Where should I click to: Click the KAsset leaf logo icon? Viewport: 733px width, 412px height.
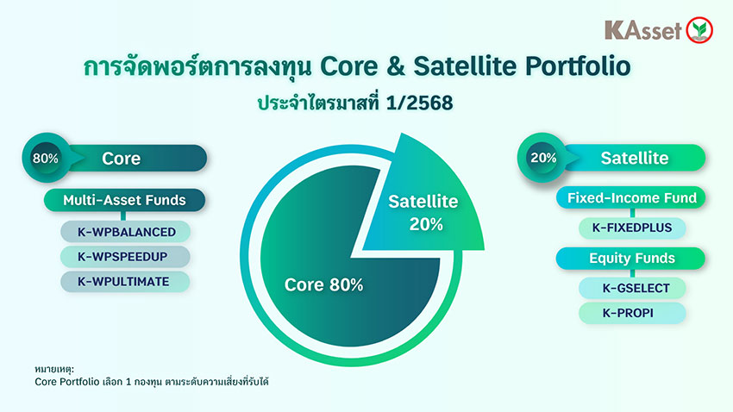(x=699, y=30)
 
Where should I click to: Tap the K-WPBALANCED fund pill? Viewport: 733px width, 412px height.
(x=125, y=232)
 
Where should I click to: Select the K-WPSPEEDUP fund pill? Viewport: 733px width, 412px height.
(x=125, y=257)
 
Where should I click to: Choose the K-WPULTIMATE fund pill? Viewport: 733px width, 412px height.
(x=125, y=282)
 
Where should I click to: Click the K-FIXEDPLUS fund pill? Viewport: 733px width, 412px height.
(x=632, y=228)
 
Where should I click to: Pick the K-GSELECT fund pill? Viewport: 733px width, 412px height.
(x=632, y=288)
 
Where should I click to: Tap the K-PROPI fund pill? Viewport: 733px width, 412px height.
(x=632, y=313)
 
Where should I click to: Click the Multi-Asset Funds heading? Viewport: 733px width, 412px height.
(x=124, y=200)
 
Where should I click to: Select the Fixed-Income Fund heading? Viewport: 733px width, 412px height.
(x=630, y=198)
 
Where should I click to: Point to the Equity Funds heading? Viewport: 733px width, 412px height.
(x=630, y=259)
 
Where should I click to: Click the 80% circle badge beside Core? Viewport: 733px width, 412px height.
(x=46, y=158)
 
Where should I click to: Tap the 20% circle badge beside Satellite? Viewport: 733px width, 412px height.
(x=542, y=158)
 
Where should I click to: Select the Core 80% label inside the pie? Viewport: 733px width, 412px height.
(x=323, y=285)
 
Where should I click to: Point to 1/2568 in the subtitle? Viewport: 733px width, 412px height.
(x=419, y=103)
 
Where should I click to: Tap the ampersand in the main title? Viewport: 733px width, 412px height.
(x=396, y=66)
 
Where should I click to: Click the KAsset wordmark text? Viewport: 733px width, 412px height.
(x=643, y=30)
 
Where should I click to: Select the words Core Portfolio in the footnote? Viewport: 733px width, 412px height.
(x=67, y=382)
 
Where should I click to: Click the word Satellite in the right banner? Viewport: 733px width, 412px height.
(x=635, y=158)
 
